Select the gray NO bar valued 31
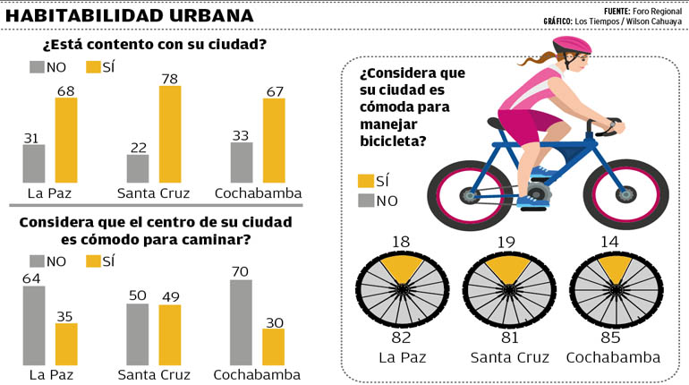34,163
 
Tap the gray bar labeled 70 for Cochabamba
242,321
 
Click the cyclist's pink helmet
572,45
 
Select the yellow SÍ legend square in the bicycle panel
365,181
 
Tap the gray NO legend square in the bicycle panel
365,201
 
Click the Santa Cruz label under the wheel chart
508,357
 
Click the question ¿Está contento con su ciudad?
154,45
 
